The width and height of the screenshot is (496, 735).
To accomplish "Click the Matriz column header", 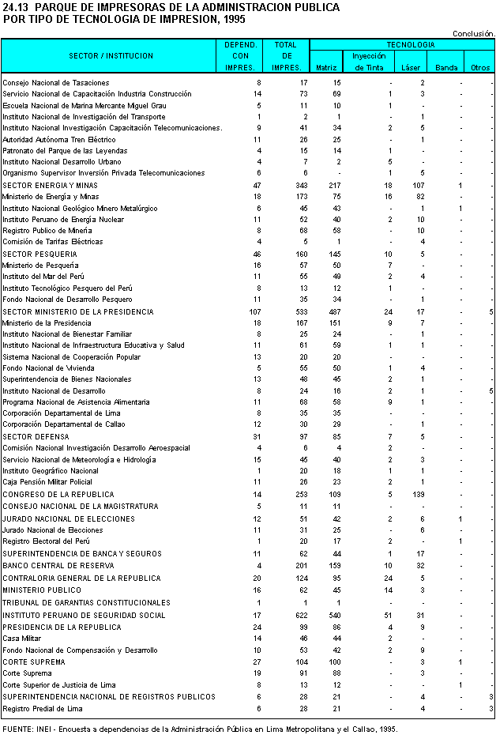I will point(326,68).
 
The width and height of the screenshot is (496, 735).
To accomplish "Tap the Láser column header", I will point(411,68).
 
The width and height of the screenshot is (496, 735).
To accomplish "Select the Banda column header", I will point(446,68).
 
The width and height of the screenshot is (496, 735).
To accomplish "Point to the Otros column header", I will point(479,68).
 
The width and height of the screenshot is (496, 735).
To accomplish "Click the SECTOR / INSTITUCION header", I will point(111,56).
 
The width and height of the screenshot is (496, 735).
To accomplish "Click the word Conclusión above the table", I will point(473,33).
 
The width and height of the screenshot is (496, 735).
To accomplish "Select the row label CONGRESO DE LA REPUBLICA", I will point(58,494).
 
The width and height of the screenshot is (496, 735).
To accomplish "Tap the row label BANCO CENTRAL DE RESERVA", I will point(57,566).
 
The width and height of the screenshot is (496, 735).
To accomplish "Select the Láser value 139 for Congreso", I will point(418,494).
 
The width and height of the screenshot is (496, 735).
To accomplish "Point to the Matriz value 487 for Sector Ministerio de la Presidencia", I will point(334,311).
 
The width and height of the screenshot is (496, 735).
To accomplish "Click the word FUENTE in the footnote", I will point(17,729).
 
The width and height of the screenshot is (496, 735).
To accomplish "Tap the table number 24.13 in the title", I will point(17,7).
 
